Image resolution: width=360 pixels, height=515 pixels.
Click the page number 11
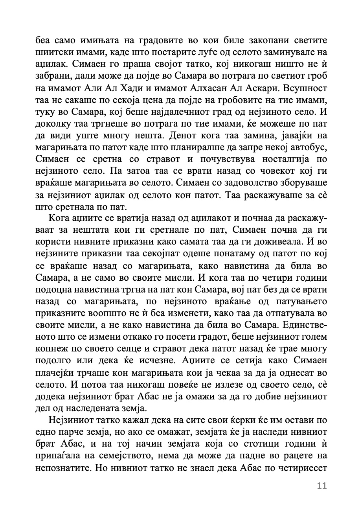(321, 486)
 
